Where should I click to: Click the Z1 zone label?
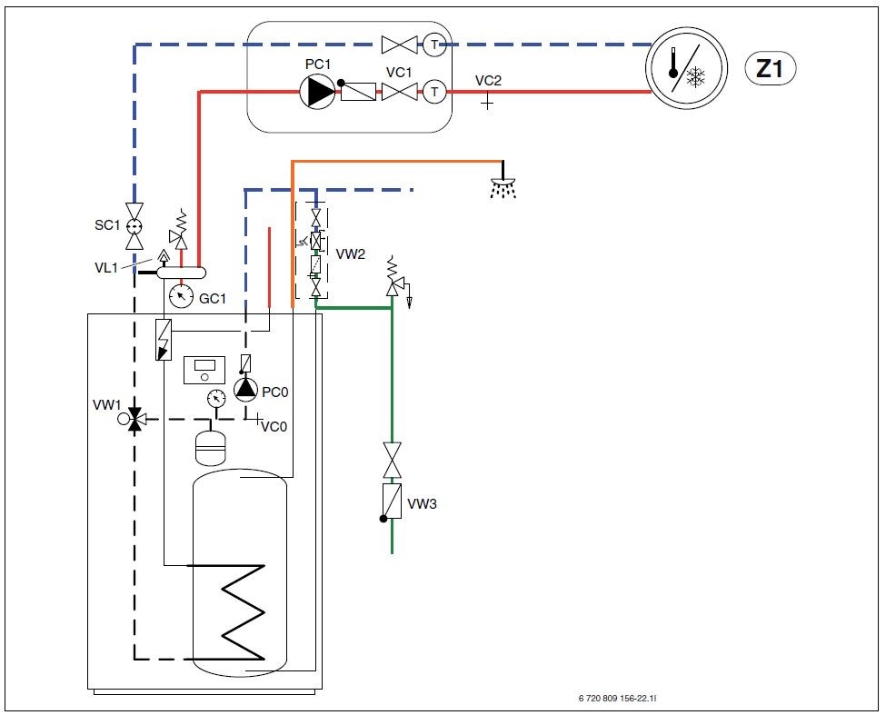click(x=770, y=70)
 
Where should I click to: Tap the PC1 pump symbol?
click(x=318, y=91)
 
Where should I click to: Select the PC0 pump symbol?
click(x=244, y=389)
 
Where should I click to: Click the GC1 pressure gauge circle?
click(x=182, y=295)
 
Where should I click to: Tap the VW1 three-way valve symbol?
click(x=135, y=420)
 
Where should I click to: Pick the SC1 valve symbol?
click(x=134, y=224)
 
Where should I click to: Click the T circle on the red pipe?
click(x=435, y=91)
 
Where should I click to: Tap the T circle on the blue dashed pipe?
click(x=435, y=44)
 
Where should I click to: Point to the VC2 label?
click(x=488, y=81)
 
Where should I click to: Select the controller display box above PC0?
click(x=203, y=370)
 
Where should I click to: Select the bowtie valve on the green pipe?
click(x=392, y=460)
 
